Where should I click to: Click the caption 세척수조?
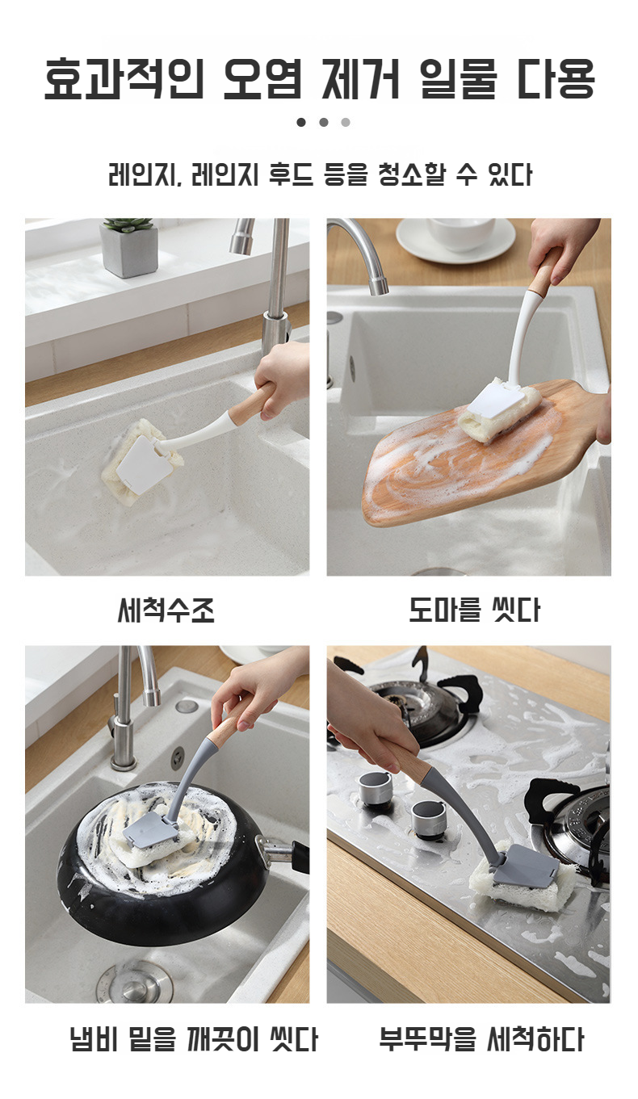click(x=166, y=610)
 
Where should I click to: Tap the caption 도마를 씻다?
click(x=474, y=610)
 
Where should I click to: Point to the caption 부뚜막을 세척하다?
click(x=481, y=1038)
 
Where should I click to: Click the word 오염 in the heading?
click(x=262, y=78)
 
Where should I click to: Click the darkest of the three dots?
click(x=301, y=122)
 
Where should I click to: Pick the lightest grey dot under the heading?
click(x=346, y=122)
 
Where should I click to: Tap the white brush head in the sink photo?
click(x=143, y=464)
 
